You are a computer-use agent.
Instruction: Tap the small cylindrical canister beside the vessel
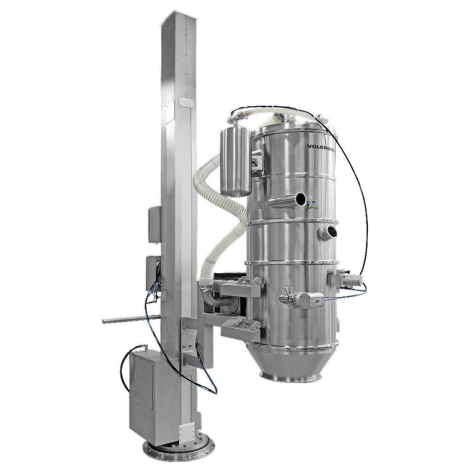click(x=235, y=162)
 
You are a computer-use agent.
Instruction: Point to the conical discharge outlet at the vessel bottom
click(x=292, y=363)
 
